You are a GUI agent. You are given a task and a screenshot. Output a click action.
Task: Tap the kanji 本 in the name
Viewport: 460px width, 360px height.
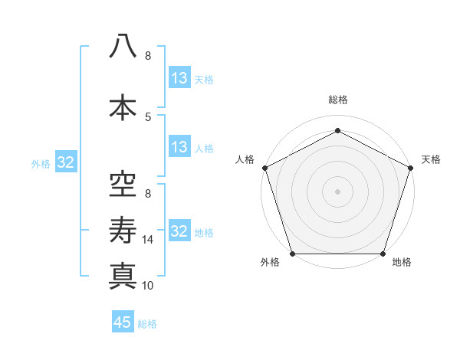pos(123,106)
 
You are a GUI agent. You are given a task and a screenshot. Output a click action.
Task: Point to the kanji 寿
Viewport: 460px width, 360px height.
pos(123,228)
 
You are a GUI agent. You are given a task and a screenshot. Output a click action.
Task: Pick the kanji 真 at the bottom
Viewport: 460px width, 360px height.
pos(123,275)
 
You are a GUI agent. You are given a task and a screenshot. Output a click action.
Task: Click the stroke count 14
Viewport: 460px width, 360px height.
pos(149,240)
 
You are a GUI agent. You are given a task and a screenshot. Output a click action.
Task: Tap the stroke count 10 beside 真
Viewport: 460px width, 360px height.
pos(149,286)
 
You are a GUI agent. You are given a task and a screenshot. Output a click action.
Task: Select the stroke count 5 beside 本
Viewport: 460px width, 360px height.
pos(148,116)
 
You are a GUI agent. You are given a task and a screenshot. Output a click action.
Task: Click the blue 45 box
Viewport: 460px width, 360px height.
pos(123,322)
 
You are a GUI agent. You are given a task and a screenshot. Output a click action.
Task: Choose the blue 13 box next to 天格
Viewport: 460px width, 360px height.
pos(179,78)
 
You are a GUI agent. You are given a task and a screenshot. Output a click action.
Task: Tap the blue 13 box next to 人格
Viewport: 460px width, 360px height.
pos(179,148)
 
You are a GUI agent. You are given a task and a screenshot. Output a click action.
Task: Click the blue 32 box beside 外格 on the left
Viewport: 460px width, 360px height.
pos(66,162)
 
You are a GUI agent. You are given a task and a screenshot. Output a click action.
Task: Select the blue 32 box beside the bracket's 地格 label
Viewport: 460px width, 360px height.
pos(179,231)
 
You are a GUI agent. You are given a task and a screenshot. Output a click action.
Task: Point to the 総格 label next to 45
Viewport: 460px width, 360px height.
pos(147,323)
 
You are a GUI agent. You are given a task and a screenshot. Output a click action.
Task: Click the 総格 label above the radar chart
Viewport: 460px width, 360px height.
pos(337,100)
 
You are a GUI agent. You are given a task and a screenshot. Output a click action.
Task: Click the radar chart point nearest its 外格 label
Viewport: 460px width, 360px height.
pos(292,254)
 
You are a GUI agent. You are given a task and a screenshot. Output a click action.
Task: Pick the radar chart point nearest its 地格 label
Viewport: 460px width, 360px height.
pos(383,254)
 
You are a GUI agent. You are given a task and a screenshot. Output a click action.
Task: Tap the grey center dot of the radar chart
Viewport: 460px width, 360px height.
pos(337,191)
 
